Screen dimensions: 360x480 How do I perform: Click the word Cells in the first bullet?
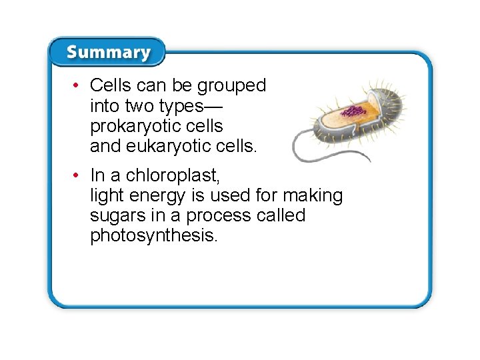pyautogui.click(x=110, y=85)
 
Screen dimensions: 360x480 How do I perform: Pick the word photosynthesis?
pyautogui.click(x=153, y=235)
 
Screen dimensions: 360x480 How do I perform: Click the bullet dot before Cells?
pyautogui.click(x=78, y=85)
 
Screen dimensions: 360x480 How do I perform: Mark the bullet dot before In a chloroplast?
pyautogui.click(x=78, y=175)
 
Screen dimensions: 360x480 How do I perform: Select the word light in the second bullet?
pyautogui.click(x=107, y=195)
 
